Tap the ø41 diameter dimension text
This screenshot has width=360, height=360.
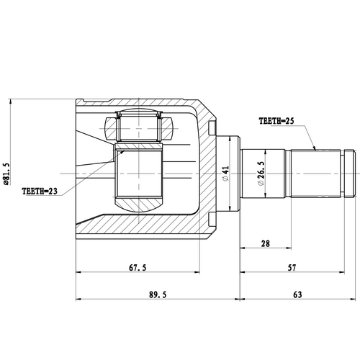(225, 174)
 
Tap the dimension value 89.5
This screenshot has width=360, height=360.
(156, 294)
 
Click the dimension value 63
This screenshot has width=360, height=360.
(297, 294)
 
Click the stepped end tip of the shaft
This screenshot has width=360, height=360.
(349, 174)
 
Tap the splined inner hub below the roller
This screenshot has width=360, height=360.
(139, 176)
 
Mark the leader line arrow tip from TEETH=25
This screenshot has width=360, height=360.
(315, 149)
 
